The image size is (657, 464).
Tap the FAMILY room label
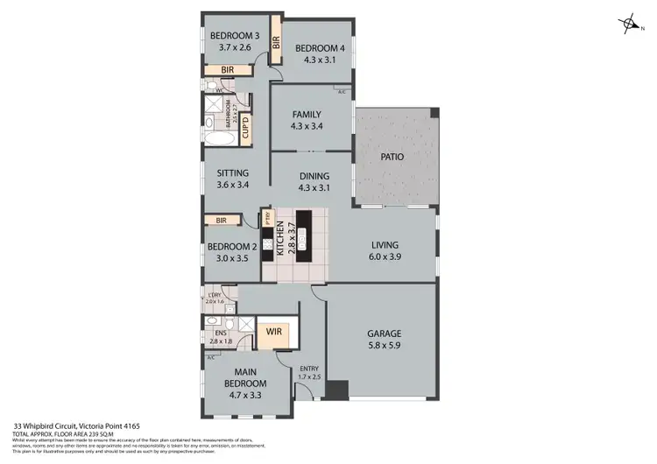(307, 114)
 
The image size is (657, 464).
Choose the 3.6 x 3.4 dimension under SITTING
(233, 185)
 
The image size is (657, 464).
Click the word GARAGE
(385, 334)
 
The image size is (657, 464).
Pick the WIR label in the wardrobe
(273, 333)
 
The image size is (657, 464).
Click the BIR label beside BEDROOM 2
(221, 221)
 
